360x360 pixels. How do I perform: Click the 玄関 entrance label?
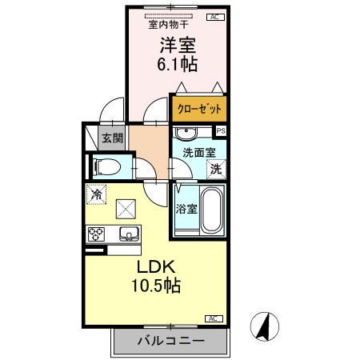point(111,137)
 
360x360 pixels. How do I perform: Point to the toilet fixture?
point(106,167)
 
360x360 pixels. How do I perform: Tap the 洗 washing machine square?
point(216,168)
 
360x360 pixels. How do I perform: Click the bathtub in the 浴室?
point(212,210)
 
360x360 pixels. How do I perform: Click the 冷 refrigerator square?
point(96,194)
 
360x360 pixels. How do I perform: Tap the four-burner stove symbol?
point(97,234)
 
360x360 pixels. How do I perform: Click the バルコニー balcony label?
point(169,340)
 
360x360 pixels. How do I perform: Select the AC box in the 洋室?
point(214,16)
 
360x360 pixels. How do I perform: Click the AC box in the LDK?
point(214,318)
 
